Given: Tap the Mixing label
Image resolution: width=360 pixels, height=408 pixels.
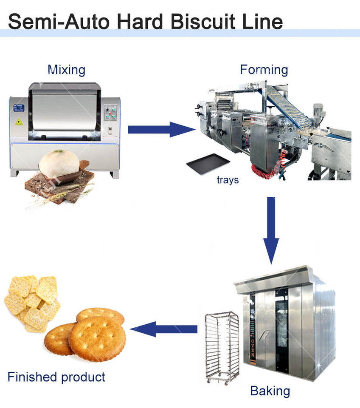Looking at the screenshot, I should pos(66,70).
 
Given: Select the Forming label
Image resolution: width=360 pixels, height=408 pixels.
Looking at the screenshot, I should pos(264,70).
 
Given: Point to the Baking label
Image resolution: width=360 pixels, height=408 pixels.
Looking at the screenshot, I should pos(270,390).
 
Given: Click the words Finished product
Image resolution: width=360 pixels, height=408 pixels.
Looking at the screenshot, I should pos(56,377).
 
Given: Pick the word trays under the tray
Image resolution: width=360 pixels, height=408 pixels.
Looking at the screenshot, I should pos(228,180).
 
